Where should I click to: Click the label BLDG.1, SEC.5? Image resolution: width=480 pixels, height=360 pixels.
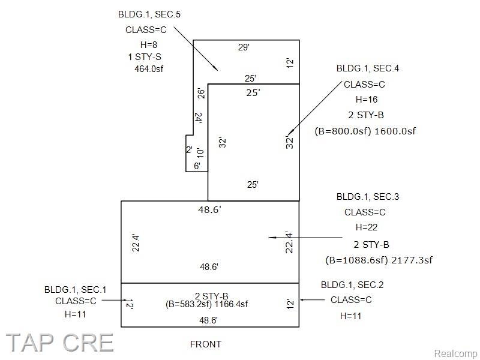click(149, 14)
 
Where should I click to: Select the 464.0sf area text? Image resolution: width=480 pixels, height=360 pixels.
click(149, 68)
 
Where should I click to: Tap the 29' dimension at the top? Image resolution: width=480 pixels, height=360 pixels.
click(244, 47)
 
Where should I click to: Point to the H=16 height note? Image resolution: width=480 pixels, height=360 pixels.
click(367, 100)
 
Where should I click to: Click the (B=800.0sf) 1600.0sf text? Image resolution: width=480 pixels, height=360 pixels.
click(365, 131)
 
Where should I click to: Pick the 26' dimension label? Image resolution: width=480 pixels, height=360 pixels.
click(201, 94)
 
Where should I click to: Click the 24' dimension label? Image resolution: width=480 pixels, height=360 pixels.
click(198, 118)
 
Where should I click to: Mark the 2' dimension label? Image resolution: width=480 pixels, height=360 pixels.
click(189, 149)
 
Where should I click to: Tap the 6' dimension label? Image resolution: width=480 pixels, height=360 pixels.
click(197, 166)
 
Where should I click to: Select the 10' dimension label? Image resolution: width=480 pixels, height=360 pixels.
click(199, 152)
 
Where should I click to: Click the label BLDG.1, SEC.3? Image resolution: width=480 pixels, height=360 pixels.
click(368, 197)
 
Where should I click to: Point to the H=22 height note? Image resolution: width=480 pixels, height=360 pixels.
click(367, 227)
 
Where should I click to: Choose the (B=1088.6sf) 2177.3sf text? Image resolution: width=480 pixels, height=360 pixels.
click(379, 260)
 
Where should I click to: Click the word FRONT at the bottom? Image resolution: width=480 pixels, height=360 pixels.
click(206, 344)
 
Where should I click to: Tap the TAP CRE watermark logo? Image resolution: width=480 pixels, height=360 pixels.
click(59, 343)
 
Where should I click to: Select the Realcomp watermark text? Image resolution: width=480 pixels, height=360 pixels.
click(456, 353)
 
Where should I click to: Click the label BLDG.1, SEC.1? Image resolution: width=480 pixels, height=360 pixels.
click(76, 290)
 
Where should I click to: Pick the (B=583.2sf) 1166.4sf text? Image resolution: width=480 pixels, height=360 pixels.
click(206, 304)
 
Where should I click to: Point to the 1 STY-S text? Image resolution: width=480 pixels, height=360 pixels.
click(145, 56)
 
